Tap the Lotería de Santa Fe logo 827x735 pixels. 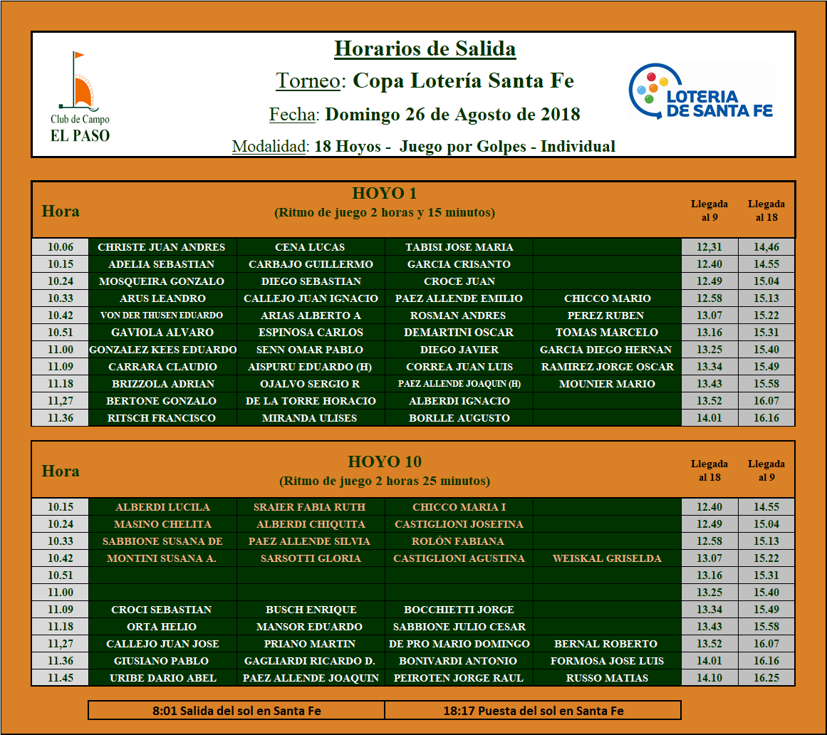click(701, 93)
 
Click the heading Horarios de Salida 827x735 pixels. click(425, 48)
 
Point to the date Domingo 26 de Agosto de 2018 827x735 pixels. click(452, 114)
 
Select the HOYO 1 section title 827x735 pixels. click(385, 193)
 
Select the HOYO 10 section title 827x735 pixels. click(385, 462)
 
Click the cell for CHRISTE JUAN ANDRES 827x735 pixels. click(162, 247)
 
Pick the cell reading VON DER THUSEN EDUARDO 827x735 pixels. click(162, 316)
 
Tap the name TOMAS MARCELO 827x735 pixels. click(606, 333)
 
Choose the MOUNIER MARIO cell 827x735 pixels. click(606, 384)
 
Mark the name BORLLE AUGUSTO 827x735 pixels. click(459, 418)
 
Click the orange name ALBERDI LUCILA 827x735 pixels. click(162, 507)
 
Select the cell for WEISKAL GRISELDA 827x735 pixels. click(606, 558)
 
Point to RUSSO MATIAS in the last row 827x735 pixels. click(606, 678)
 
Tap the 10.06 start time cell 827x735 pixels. click(61, 247)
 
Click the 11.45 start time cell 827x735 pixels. click(61, 678)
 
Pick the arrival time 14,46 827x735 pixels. click(766, 247)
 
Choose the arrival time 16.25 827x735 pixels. click(766, 678)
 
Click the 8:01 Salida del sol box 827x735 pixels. click(236, 710)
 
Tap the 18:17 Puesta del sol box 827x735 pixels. click(533, 710)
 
